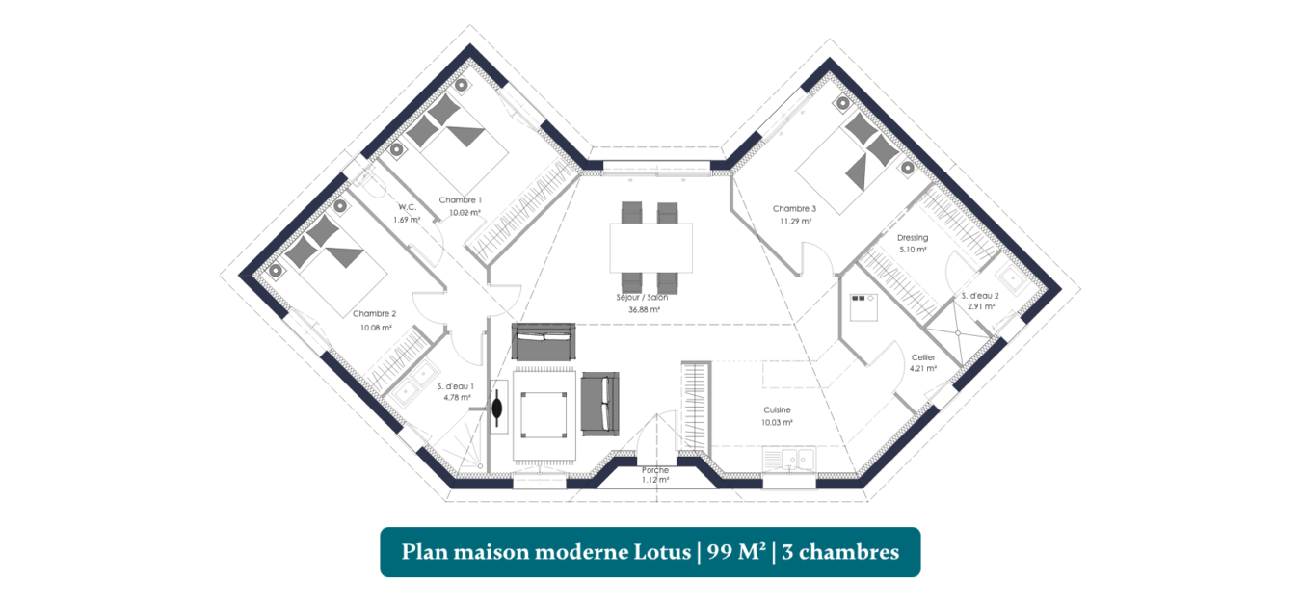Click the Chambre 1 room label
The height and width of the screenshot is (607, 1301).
point(460,199)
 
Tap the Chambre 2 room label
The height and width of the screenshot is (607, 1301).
point(375,314)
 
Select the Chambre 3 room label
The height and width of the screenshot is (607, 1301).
point(794,208)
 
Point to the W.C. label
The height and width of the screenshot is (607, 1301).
point(407,207)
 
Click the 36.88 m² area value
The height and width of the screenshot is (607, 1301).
point(644,309)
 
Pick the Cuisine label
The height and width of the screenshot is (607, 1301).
point(777,410)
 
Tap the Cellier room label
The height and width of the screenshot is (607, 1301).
point(923,357)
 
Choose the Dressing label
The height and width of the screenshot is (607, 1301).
point(913,238)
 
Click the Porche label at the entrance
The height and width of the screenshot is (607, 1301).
point(655,470)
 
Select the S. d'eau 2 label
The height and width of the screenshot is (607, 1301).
point(980,296)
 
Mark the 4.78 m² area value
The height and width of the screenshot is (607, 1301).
point(457,398)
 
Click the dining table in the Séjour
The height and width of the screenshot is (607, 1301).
point(651,248)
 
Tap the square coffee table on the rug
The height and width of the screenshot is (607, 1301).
point(544,414)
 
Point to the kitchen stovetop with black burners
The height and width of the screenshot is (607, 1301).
point(863,307)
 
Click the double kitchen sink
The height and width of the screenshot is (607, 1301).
point(789,460)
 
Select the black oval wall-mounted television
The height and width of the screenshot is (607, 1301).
point(497,408)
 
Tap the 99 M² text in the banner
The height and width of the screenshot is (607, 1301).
point(736,551)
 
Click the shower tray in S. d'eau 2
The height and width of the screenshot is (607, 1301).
point(958,332)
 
